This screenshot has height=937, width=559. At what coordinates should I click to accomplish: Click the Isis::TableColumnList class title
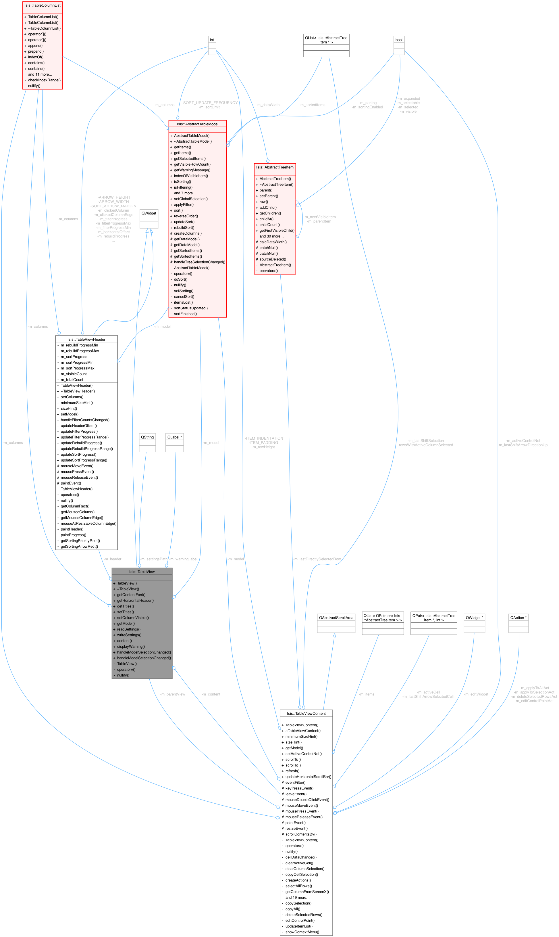42,5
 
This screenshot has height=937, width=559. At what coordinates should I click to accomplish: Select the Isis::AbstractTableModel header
197,124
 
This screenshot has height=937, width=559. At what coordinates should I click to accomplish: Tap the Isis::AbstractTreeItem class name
275,167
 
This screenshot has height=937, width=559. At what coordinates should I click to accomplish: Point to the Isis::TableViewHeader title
86,339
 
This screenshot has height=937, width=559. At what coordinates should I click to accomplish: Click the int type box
212,40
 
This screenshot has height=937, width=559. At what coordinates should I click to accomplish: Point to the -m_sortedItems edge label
312,105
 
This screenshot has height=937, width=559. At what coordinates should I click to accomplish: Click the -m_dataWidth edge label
267,105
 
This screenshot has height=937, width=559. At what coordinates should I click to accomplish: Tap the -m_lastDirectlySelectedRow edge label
317,559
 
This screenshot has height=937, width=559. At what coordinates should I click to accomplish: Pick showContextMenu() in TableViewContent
302,932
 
